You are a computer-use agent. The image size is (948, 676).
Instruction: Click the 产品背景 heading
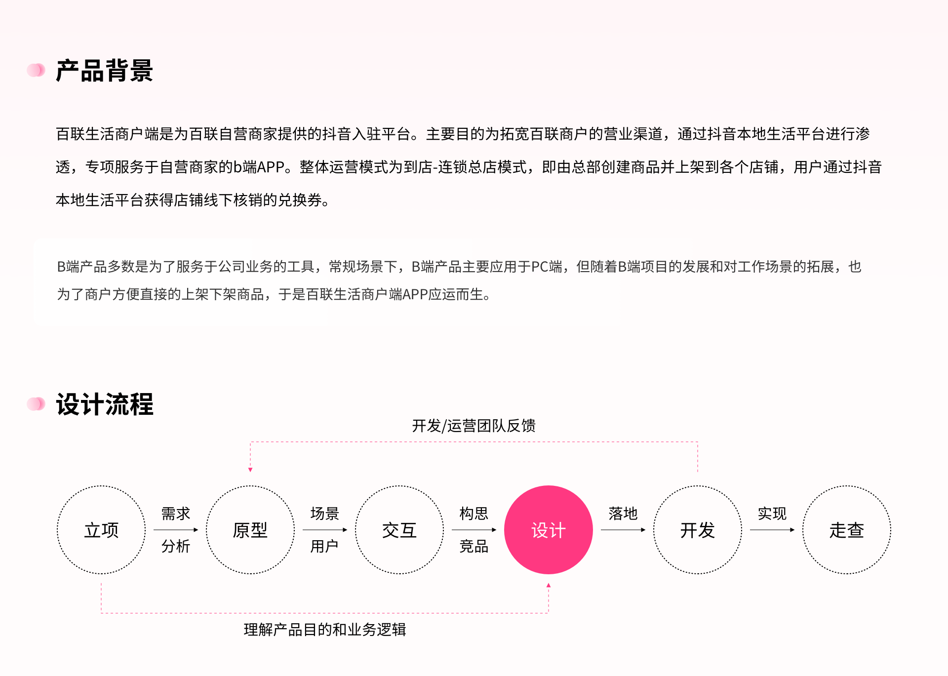(104, 71)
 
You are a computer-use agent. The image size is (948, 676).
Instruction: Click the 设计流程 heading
(104, 404)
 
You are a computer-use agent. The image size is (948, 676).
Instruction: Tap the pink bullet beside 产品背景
(36, 70)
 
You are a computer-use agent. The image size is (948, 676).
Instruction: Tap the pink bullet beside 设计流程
(36, 404)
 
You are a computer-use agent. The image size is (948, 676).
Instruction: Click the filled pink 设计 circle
(549, 530)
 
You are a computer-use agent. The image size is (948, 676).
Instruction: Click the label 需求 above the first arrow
(176, 514)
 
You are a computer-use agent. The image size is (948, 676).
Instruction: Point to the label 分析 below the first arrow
(176, 546)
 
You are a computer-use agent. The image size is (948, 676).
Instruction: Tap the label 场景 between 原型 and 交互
(325, 514)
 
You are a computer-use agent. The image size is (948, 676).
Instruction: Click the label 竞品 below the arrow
(474, 546)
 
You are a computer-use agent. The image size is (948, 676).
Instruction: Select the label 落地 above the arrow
(623, 514)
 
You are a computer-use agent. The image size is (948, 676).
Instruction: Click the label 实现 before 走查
(772, 514)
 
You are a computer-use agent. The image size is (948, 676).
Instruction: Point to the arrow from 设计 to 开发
(623, 530)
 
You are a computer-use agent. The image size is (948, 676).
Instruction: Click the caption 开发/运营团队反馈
(474, 426)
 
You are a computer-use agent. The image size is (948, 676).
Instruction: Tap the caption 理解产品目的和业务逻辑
(325, 630)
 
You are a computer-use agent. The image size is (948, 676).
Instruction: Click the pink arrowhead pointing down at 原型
(250, 470)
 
